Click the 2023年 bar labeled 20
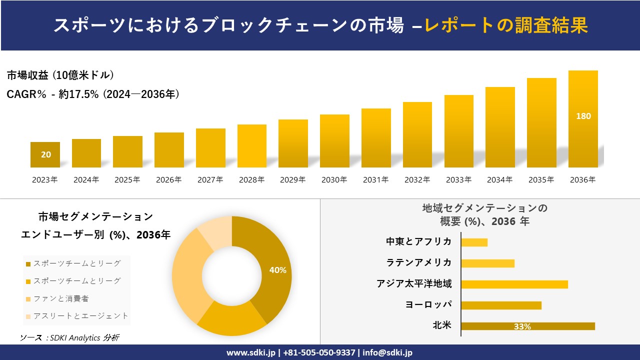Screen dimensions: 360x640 click(x=45, y=154)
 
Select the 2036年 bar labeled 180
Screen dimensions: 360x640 click(x=583, y=119)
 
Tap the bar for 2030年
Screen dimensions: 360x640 click(x=334, y=141)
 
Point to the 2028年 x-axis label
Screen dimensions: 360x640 click(x=251, y=180)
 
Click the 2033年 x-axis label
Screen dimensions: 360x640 click(x=458, y=180)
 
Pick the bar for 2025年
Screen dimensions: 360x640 click(x=127, y=151)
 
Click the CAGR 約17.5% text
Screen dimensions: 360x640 click(x=93, y=94)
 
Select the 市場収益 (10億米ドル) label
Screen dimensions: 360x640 click(x=60, y=75)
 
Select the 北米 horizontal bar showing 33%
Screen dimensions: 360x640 click(x=527, y=326)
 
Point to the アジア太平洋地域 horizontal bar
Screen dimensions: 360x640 click(x=514, y=284)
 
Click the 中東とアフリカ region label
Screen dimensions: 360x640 click(x=418, y=242)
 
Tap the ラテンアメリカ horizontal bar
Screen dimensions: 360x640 click(x=487, y=263)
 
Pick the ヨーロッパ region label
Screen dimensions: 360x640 click(x=428, y=304)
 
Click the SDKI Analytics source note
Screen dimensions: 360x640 click(x=69, y=338)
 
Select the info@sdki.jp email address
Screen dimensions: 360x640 click(x=387, y=352)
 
